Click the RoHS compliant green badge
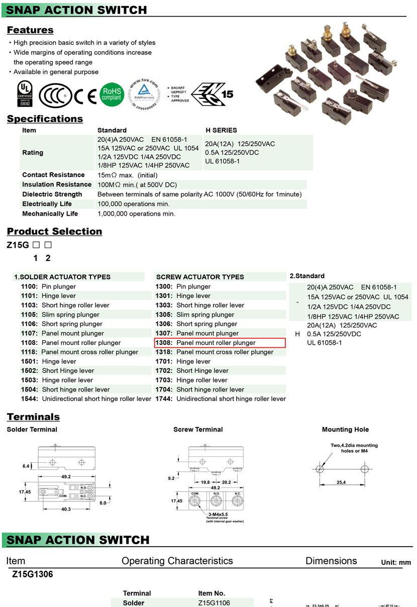pyautogui.click(x=112, y=94)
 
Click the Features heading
pyautogui.click(x=30, y=30)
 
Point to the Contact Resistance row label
pyautogui.click(x=53, y=175)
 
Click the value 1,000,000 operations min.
pyautogui.click(x=136, y=214)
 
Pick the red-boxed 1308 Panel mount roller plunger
pyautogui.click(x=220, y=343)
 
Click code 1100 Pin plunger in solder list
pyautogui.click(x=48, y=286)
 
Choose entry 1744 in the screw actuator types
pyautogui.click(x=221, y=398)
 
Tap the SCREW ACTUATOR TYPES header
pyautogui.click(x=200, y=277)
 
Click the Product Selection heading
pyautogui.click(x=54, y=232)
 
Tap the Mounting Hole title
pyautogui.click(x=345, y=430)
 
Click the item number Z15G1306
pyautogui.click(x=33, y=574)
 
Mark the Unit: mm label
pyautogui.click(x=396, y=563)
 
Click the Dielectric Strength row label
pyautogui.click(x=52, y=194)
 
